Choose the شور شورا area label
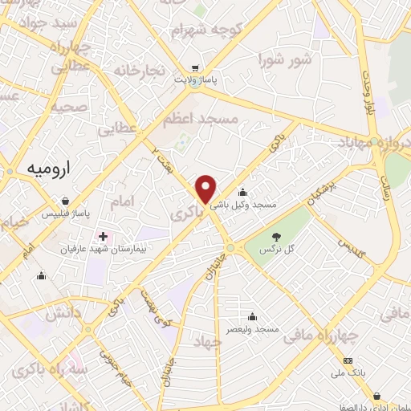[284, 59]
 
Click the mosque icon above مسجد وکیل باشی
[243, 193]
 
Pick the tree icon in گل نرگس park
[277, 237]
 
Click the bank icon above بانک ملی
[347, 361]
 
